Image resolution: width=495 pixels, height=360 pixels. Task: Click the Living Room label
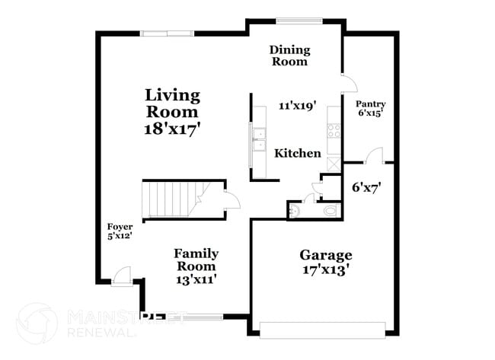[x=173, y=104]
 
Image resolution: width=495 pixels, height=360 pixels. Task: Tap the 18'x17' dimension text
[x=173, y=129]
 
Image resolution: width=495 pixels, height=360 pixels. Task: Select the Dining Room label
[x=289, y=56]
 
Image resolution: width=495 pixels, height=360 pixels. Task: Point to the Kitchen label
[x=298, y=153]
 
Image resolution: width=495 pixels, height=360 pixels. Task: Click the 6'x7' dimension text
[x=366, y=186]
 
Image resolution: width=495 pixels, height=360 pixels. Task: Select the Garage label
[x=325, y=255]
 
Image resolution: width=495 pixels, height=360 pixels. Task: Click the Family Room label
[x=196, y=260]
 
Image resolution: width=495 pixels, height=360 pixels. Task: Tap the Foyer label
[x=120, y=227]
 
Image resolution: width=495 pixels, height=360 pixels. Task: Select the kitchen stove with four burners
[x=333, y=131]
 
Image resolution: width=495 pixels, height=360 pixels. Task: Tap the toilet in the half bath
[x=328, y=210]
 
